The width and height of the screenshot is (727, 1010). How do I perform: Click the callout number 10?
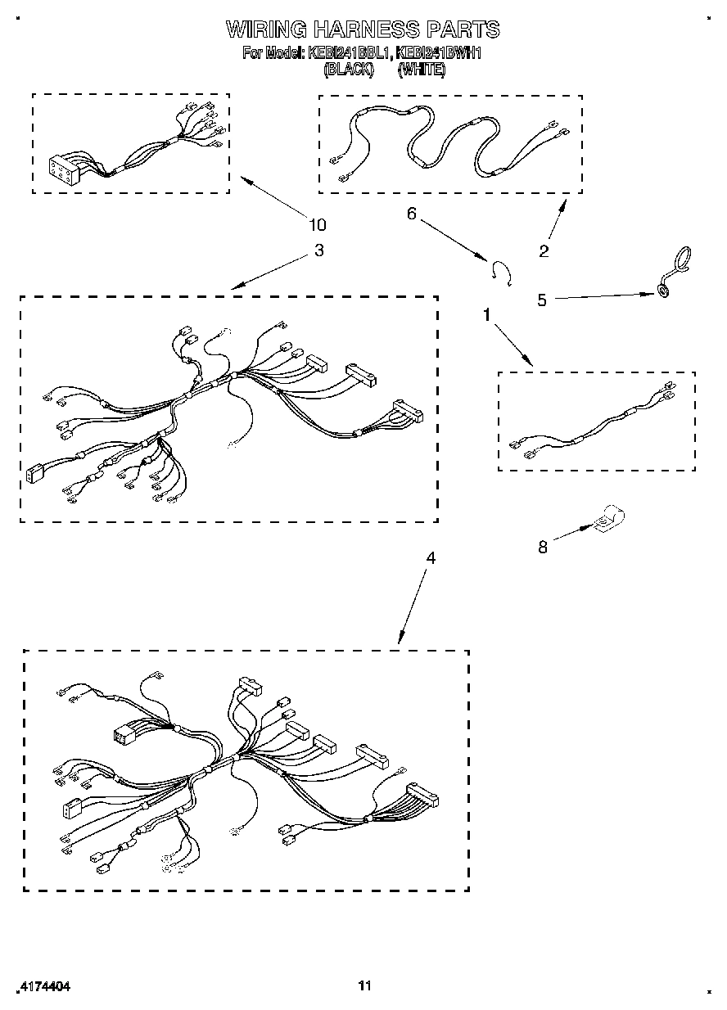(x=317, y=225)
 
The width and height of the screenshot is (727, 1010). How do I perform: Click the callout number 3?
(x=319, y=250)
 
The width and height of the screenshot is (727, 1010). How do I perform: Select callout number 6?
(x=412, y=214)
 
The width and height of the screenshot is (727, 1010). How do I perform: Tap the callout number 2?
(x=544, y=250)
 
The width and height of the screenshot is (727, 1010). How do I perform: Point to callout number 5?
(x=542, y=300)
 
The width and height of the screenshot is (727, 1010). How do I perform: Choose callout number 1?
(x=488, y=314)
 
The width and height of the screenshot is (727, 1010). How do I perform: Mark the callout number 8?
(x=543, y=548)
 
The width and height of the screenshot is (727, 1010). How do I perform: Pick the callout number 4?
(x=431, y=558)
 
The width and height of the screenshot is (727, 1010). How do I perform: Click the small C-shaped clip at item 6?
(x=501, y=273)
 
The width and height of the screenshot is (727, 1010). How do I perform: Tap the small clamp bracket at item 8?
(x=608, y=519)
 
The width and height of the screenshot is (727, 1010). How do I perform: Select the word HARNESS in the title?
(x=366, y=30)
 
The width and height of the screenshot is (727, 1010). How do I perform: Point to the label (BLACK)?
(x=349, y=70)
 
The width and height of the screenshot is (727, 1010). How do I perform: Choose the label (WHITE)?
(x=422, y=70)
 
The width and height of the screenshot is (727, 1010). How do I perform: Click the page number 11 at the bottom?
(x=365, y=986)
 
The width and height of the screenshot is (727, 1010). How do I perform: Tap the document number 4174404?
(x=44, y=987)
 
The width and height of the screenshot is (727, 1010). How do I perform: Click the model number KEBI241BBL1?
(x=350, y=54)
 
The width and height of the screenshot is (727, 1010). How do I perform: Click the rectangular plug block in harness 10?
(x=63, y=169)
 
